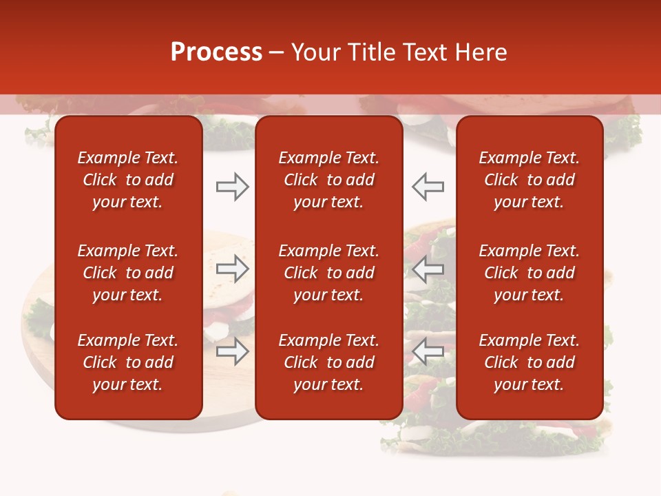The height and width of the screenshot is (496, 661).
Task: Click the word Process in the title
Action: [x=216, y=52]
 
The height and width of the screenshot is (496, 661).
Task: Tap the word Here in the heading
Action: [x=481, y=52]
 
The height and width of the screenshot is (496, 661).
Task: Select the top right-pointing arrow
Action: [x=232, y=187]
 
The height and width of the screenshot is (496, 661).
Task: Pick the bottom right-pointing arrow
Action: [x=232, y=351]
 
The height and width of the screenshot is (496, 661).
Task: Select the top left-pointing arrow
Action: [x=428, y=187]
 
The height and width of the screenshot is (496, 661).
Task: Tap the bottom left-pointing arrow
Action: [x=428, y=351]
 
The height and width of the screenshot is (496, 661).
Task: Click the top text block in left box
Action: [x=128, y=180]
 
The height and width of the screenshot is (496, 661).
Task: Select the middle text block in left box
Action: [x=128, y=273]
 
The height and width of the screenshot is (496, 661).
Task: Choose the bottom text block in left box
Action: [x=128, y=362]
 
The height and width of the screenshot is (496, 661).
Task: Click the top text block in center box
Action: [x=328, y=180]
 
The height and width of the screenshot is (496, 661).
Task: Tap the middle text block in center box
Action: [x=328, y=273]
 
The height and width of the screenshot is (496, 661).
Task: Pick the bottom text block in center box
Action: [x=328, y=362]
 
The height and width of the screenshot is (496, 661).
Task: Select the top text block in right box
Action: [x=529, y=180]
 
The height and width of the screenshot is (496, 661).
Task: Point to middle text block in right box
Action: [x=529, y=273]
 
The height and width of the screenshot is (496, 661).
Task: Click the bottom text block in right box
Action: [x=529, y=362]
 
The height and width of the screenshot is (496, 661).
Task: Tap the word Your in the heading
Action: [x=313, y=52]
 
